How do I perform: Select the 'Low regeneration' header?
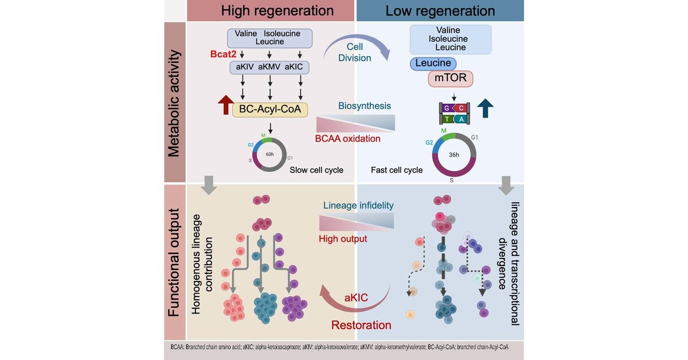440,11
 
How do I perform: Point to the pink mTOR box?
450,79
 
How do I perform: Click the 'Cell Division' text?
358,53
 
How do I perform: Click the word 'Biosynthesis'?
364,105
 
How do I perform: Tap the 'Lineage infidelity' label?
358,205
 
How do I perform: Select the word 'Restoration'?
361,324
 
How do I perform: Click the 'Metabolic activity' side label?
174,103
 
